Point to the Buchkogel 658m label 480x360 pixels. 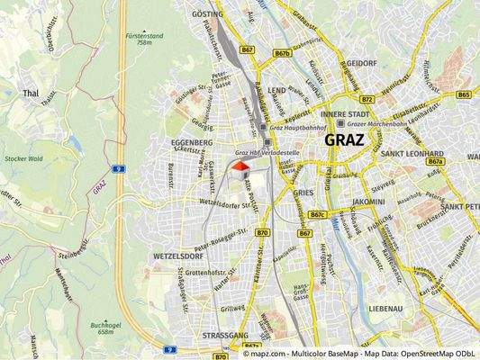[x=106, y=328]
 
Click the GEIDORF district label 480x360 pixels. [x=361, y=65]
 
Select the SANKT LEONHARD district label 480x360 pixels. [x=413, y=154]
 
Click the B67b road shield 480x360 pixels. [x=283, y=54]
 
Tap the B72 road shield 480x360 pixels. [x=366, y=99]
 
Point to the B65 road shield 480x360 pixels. [x=465, y=94]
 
